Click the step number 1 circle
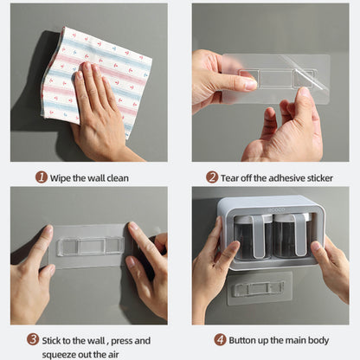pos(42,177)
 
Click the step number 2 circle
pos(212,177)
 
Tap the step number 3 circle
pos(33,339)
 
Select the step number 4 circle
pos(220,340)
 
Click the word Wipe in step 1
pos(61,178)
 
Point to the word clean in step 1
pos(118,178)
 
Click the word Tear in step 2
pos(230,178)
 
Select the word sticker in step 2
pos(320,178)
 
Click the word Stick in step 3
pos(52,341)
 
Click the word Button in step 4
pos(242,340)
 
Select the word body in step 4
pos(318,341)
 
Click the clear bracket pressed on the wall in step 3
pos(90,247)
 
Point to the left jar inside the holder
pos(253,236)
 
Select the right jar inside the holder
pos(292,236)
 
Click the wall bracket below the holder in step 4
pos(260,288)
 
